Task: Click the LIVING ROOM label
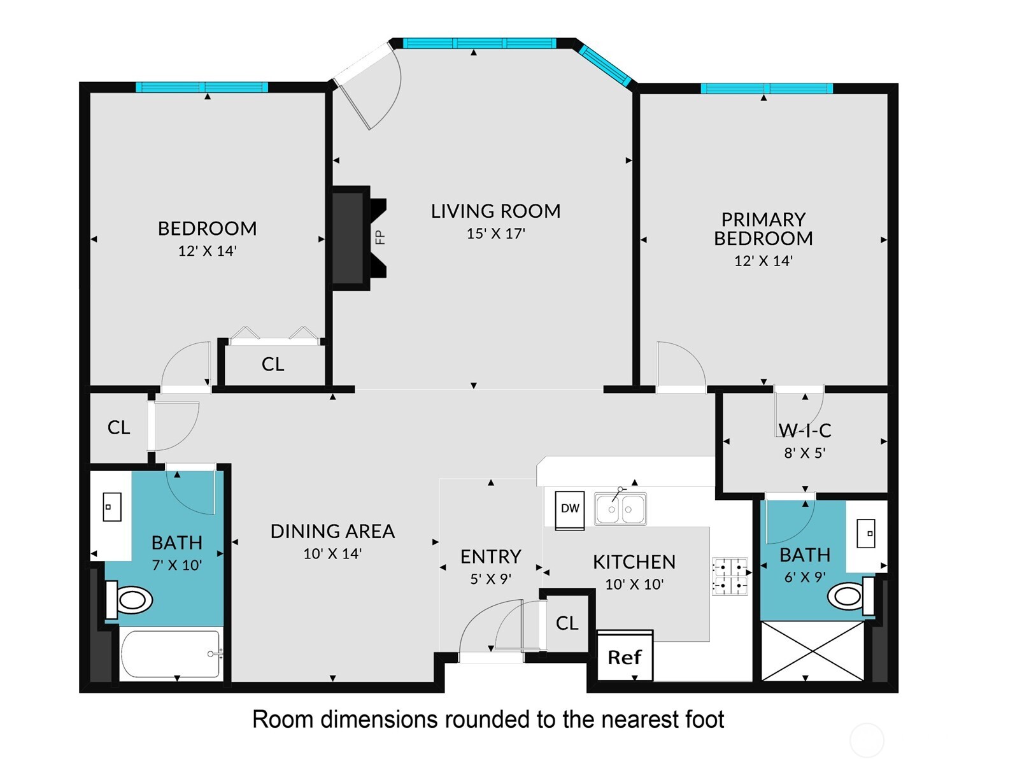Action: click(495, 211)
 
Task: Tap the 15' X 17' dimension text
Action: click(495, 234)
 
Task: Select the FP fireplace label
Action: click(380, 237)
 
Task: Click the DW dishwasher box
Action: click(570, 510)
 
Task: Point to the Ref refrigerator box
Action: click(625, 656)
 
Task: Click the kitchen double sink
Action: click(620, 508)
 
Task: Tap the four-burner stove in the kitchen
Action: click(730, 576)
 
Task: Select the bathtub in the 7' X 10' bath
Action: click(171, 654)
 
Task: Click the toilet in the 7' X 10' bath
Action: click(129, 600)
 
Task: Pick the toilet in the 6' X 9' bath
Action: click(850, 596)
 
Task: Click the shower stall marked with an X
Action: click(813, 651)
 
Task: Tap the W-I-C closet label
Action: click(805, 430)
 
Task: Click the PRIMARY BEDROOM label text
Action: click(763, 229)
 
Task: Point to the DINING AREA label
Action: click(332, 531)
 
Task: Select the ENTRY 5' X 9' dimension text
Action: click(490, 579)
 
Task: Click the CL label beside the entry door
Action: click(567, 623)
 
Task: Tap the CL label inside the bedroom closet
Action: click(273, 364)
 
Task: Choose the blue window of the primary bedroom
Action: click(767, 89)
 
